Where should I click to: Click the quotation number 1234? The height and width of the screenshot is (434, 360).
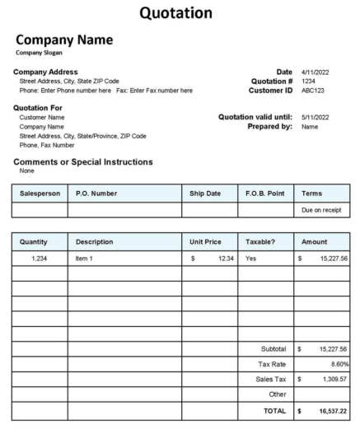click(x=308, y=82)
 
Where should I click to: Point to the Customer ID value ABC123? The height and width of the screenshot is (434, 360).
click(x=313, y=91)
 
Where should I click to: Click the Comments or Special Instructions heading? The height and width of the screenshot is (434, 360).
click(x=82, y=162)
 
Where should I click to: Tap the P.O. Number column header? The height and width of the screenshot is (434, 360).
click(x=96, y=194)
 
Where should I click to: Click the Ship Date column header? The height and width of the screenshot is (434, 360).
click(x=206, y=194)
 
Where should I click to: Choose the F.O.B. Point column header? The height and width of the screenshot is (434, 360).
click(x=264, y=194)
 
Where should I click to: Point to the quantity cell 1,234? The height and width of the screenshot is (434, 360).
click(x=40, y=259)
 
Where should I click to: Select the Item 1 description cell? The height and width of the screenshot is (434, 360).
click(x=85, y=259)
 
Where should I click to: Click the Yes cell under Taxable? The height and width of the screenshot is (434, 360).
click(x=251, y=259)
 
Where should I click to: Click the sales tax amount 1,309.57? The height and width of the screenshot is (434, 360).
click(x=331, y=379)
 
